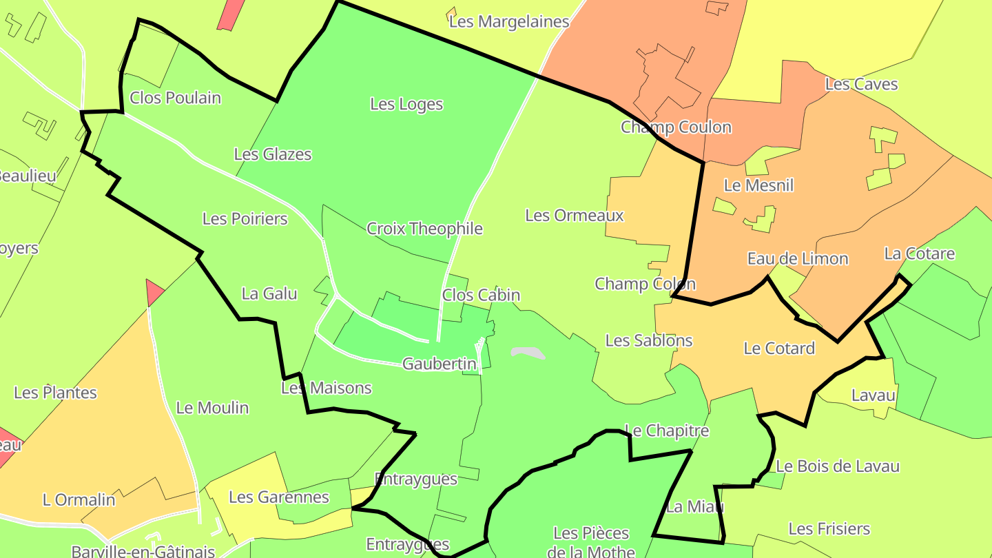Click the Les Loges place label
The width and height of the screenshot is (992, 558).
[406, 104]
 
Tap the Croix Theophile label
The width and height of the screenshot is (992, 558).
[424, 229]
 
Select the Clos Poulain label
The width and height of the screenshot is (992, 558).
[175, 98]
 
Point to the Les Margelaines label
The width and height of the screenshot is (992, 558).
[509, 21]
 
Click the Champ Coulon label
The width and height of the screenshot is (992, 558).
[676, 127]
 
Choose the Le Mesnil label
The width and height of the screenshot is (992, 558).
[758, 185]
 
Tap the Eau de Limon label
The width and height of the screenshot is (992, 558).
[798, 259]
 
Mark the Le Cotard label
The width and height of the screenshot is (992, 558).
[779, 349]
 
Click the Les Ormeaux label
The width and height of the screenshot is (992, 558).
[575, 216]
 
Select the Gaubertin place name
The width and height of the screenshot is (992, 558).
[440, 364]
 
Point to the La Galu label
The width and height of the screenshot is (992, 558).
[269, 294]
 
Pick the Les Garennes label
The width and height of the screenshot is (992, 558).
[279, 497]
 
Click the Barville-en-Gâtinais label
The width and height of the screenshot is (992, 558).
[143, 552]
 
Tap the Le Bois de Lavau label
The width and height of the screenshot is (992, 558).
[838, 466]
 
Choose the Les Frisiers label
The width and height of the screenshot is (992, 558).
[829, 529]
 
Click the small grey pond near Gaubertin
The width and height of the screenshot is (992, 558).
[528, 353]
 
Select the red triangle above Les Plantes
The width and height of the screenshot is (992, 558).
[154, 292]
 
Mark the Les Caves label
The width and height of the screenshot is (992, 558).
[861, 84]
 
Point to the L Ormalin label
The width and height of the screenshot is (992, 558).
[79, 500]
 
